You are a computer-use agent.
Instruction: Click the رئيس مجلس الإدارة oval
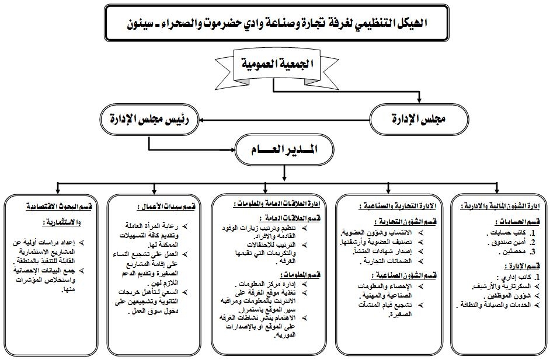[149, 120]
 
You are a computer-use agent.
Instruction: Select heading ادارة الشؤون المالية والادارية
[502, 206]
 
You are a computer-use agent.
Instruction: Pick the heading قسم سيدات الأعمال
[158, 207]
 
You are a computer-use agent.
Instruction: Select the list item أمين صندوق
[506, 242]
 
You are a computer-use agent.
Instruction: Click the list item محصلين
[507, 251]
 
